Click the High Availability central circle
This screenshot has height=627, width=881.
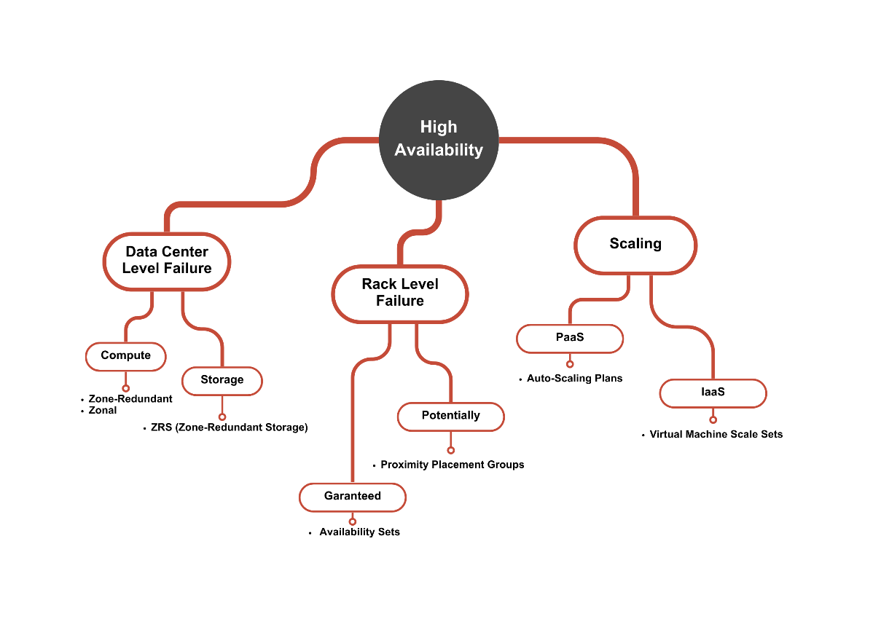pyautogui.click(x=439, y=139)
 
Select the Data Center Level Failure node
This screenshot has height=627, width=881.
pyautogui.click(x=167, y=261)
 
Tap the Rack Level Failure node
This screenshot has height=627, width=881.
pyautogui.click(x=399, y=293)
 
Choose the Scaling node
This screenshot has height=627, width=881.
pyautogui.click(x=635, y=244)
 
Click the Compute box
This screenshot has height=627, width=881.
pyautogui.click(x=126, y=356)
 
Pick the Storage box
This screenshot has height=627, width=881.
pyautogui.click(x=222, y=380)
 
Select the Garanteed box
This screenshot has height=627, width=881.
pyautogui.click(x=353, y=496)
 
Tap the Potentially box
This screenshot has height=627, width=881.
pyautogui.click(x=450, y=416)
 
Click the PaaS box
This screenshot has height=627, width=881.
pyautogui.click(x=570, y=338)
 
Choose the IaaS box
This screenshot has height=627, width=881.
pyautogui.click(x=713, y=393)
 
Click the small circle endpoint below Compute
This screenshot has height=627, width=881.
pyautogui.click(x=126, y=388)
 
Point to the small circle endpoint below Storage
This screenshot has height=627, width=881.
pyautogui.click(x=222, y=417)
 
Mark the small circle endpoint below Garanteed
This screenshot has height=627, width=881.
pyautogui.click(x=353, y=521)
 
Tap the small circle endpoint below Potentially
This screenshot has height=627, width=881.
pyautogui.click(x=450, y=450)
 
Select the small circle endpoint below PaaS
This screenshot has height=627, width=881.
pyautogui.click(x=570, y=364)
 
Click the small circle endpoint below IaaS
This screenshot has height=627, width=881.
pyautogui.click(x=713, y=419)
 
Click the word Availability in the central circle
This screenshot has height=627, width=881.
pyautogui.click(x=439, y=150)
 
